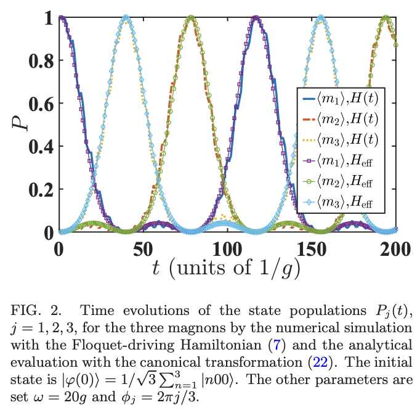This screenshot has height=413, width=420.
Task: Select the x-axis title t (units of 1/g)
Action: tap(227, 268)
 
